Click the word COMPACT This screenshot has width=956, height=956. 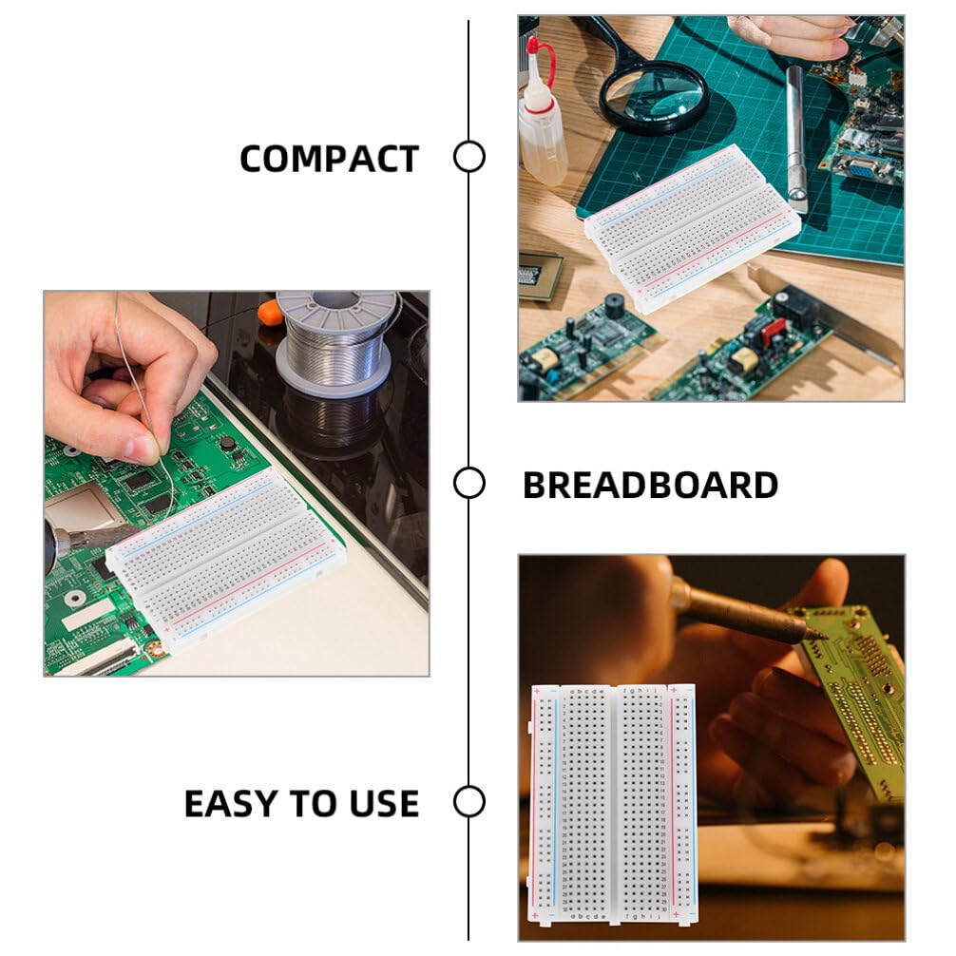(329, 159)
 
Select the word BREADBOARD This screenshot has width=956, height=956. (650, 486)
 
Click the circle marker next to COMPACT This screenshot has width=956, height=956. (468, 157)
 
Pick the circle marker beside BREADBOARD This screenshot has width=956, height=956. (468, 483)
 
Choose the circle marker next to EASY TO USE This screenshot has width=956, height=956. (468, 801)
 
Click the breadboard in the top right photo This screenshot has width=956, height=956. (692, 228)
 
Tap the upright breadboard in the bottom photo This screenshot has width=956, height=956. (614, 804)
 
